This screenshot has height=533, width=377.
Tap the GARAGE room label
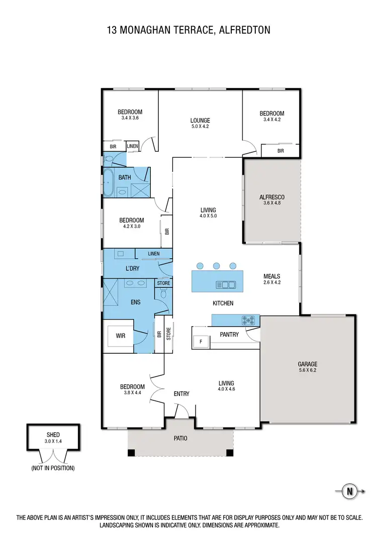(x=307, y=364)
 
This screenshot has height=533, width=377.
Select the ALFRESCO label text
(x=272, y=197)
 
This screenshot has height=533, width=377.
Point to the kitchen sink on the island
(x=226, y=285)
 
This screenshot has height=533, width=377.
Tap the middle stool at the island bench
(x=216, y=266)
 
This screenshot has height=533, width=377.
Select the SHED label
(x=53, y=435)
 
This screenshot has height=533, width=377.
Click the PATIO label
(x=180, y=439)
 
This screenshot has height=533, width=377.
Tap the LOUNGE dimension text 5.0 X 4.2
(x=200, y=127)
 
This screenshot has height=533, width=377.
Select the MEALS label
(x=271, y=276)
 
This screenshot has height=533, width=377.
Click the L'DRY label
(x=132, y=269)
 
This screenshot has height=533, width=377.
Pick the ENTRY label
(x=181, y=394)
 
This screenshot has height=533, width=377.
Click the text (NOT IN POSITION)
(x=53, y=468)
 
